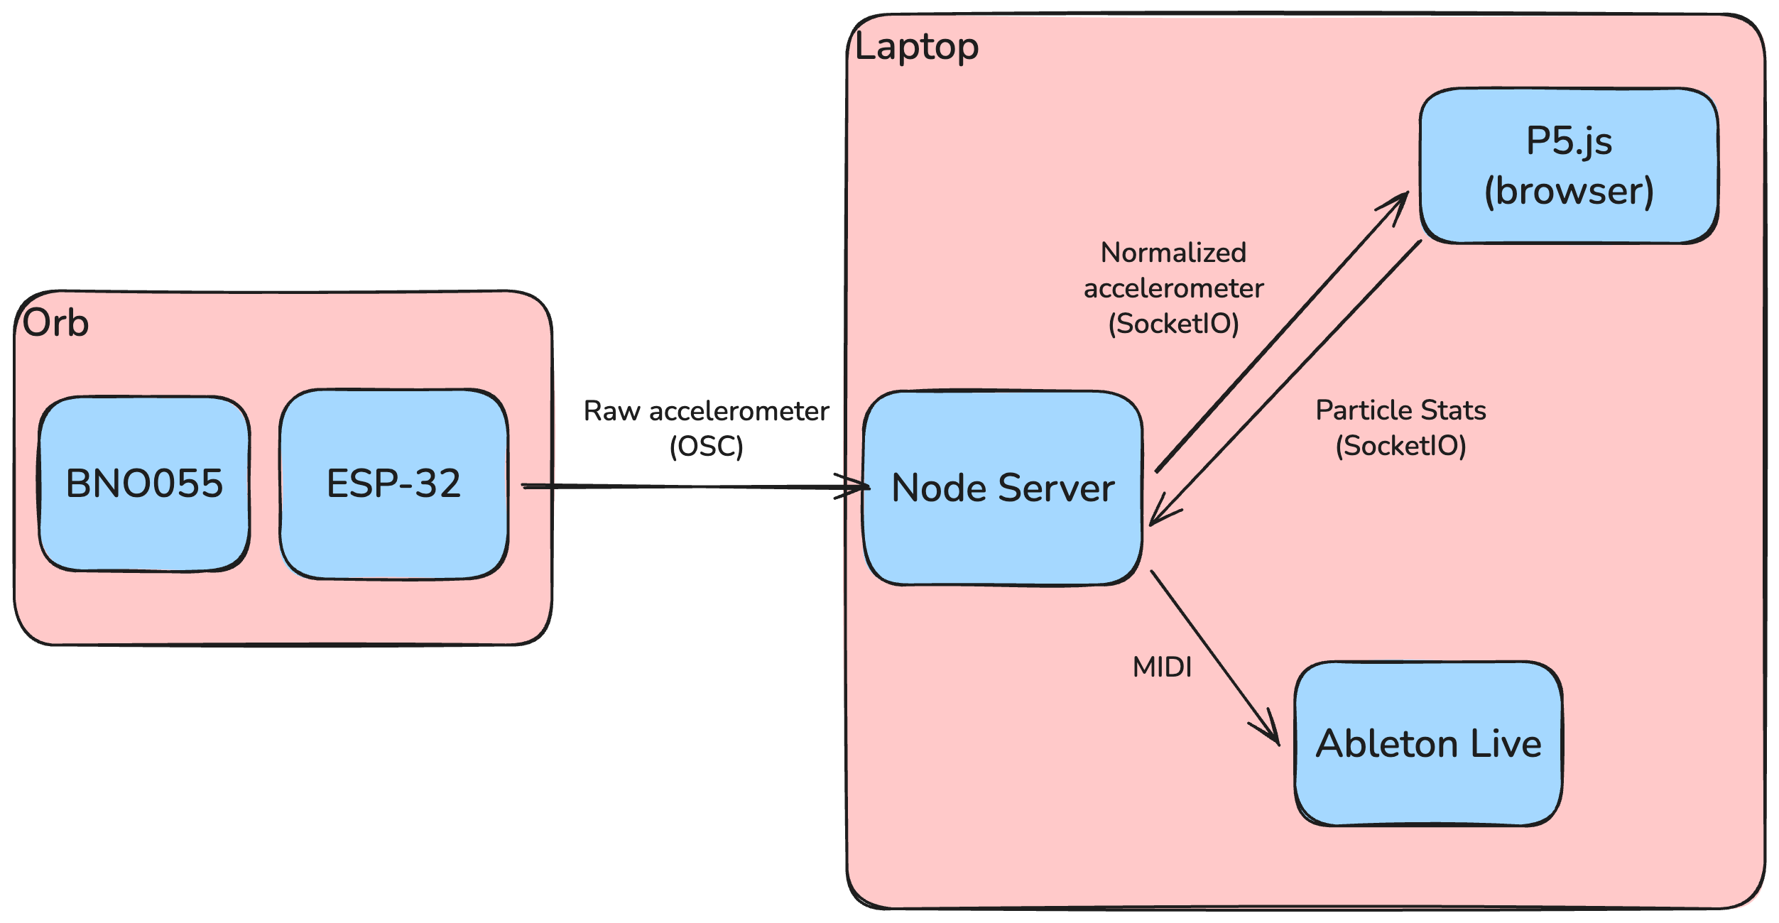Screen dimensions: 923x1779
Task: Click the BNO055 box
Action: [x=144, y=484]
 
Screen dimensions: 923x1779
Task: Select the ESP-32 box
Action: [x=393, y=484]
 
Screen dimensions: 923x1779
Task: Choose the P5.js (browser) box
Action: [x=1569, y=165]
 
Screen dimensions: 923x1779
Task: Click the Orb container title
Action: [x=55, y=323]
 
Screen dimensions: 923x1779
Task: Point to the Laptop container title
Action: [x=916, y=47]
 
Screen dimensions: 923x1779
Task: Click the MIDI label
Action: [x=1162, y=667]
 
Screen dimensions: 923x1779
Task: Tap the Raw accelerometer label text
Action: [x=706, y=411]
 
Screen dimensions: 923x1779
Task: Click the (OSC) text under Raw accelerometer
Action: [x=706, y=447]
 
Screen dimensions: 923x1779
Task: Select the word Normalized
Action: [x=1173, y=253]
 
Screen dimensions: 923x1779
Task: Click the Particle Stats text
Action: [x=1400, y=410]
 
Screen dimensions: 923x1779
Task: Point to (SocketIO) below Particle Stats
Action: [x=1400, y=446]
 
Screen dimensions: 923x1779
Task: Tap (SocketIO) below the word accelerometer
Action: [x=1173, y=324]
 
